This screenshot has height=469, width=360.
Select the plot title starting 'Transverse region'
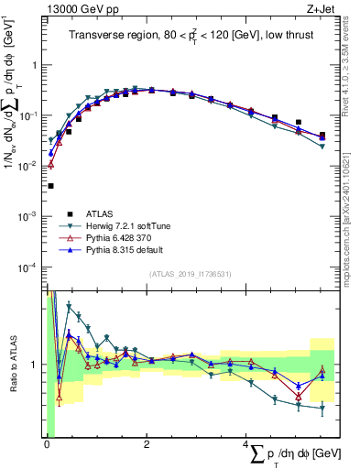pyautogui.click(x=191, y=36)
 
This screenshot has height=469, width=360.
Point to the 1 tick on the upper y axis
pyautogui.click(x=36, y=65)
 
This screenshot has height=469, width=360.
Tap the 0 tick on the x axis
pyautogui.click(x=47, y=445)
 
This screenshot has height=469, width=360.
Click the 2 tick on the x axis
pyautogui.click(x=147, y=445)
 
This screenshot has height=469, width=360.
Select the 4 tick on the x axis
pyautogui.click(x=246, y=445)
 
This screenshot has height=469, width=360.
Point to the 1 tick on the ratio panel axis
pyautogui.click(x=36, y=365)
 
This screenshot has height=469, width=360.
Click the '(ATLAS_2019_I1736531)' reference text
pyautogui.click(x=191, y=274)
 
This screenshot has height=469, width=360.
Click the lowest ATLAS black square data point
pyautogui.click(x=50, y=186)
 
